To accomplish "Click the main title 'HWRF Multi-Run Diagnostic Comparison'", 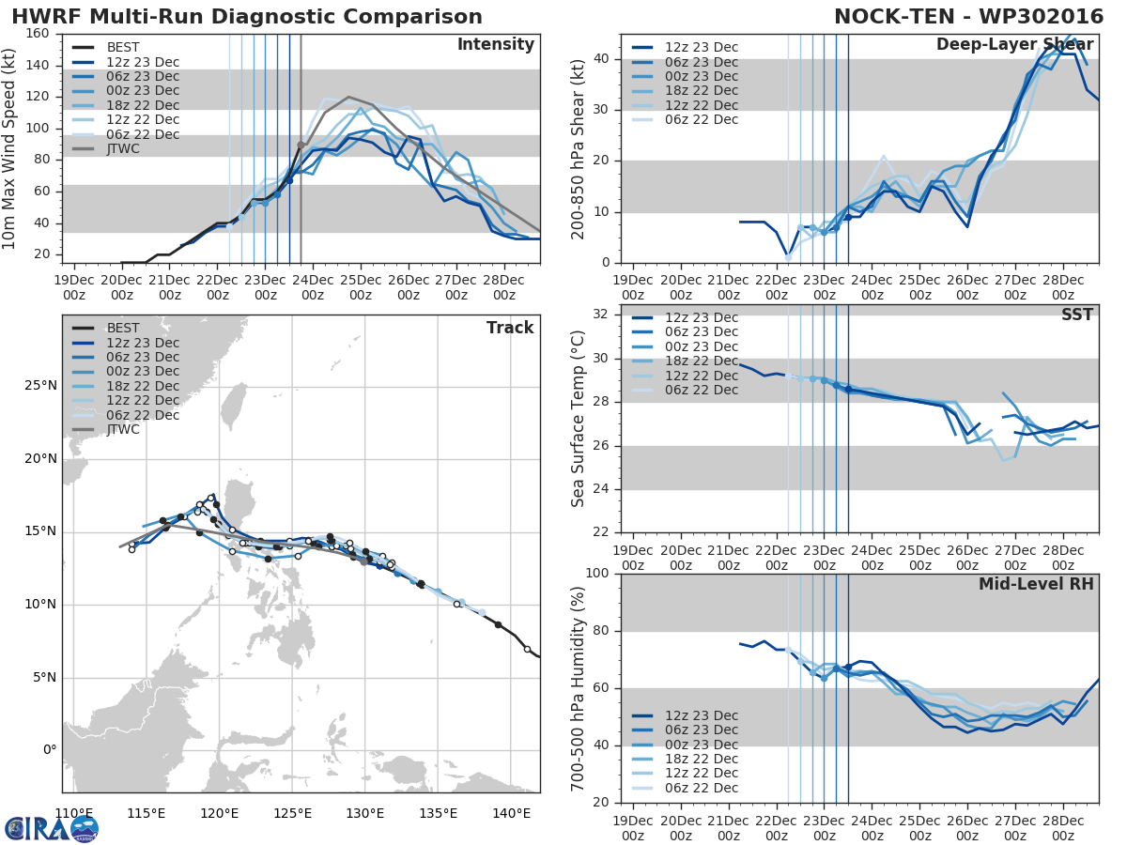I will [x=247, y=17].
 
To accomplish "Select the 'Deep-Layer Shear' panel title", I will [x=1014, y=45].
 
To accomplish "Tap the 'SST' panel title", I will [x=1077, y=315].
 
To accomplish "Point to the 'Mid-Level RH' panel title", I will [x=1036, y=585].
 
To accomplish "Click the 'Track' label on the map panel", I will [x=510, y=328].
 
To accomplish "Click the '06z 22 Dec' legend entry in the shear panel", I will [x=702, y=119].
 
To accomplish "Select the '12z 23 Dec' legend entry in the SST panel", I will [x=702, y=317].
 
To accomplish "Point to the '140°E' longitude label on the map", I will [x=511, y=813].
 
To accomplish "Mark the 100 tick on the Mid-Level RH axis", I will [x=598, y=574].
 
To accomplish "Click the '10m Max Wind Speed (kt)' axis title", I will [x=11, y=148].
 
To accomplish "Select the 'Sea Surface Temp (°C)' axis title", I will [x=579, y=420].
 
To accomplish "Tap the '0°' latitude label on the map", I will [x=49, y=750].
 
